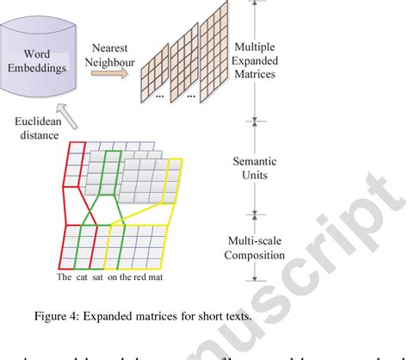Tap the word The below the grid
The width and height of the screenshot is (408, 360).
coord(65,277)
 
